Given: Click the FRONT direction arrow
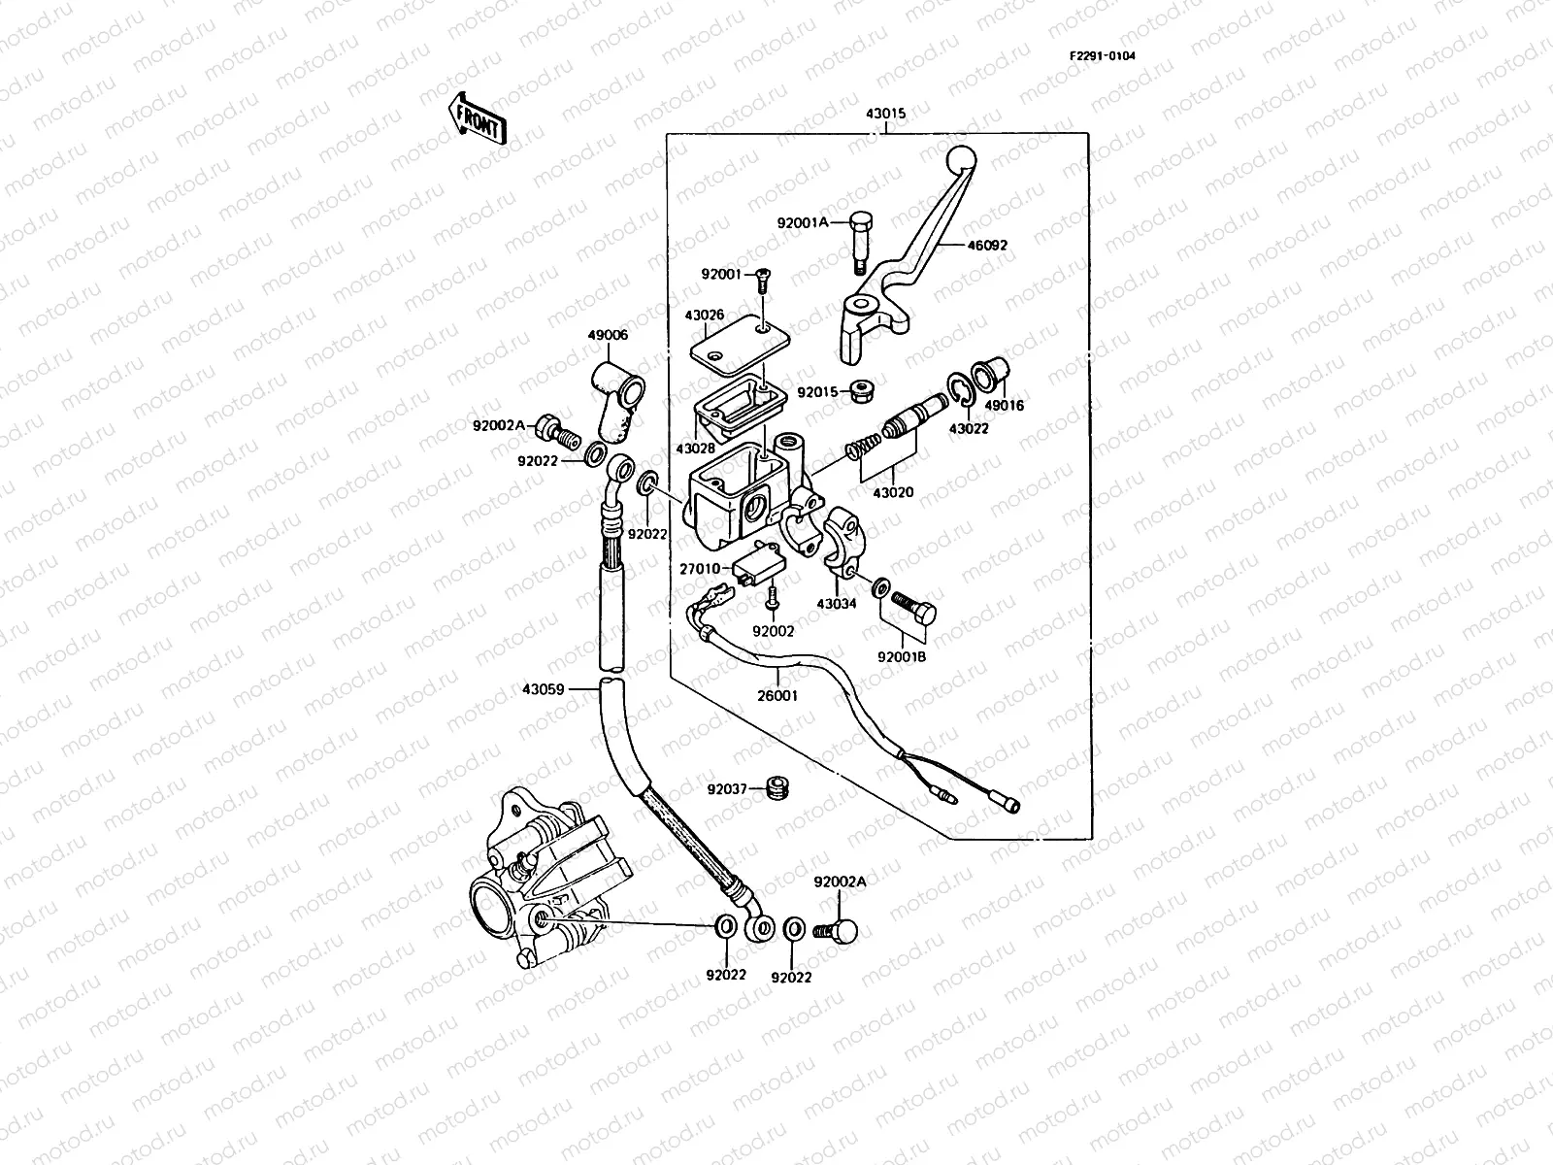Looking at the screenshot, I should point(477,119).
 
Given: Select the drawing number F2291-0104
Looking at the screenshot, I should point(1102,55).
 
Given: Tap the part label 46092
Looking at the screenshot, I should point(986,246).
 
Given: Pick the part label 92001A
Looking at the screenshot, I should point(803,222).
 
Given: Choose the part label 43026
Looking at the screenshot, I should point(704,315).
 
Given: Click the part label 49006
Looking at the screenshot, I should point(607,335).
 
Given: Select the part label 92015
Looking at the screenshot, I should point(817,393).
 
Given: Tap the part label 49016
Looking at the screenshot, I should point(1005,406).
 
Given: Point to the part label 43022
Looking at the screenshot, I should point(969,428).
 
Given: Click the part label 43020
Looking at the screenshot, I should point(893,493).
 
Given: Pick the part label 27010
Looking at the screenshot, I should point(699,569).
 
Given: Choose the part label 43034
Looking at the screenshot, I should point(837,604).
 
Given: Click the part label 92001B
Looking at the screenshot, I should point(902,656).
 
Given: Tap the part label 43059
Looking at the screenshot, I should point(542,690).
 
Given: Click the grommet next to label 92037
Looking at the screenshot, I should point(775,787).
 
